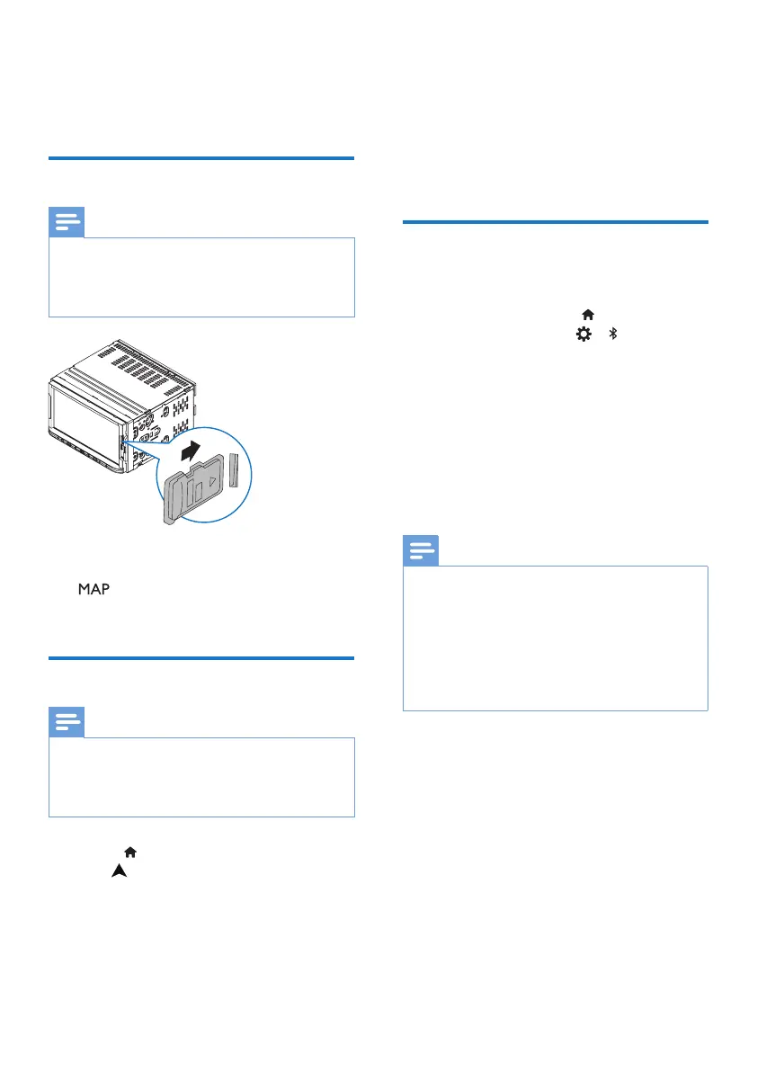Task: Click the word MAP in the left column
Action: coord(93,588)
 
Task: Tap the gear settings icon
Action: coord(584,334)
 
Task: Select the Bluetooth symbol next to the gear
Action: coord(613,334)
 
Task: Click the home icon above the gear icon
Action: coord(589,315)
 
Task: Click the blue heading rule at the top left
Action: coord(201,158)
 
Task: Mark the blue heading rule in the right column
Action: coord(555,221)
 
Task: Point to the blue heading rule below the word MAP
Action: coord(201,658)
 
